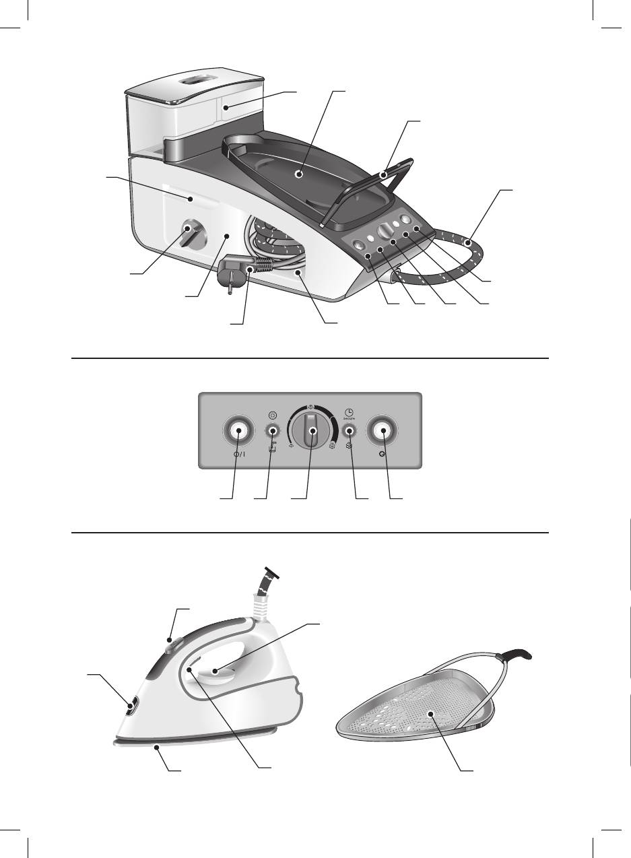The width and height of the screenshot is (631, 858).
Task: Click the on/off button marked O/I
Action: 238,431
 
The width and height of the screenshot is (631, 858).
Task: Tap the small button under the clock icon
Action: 350,431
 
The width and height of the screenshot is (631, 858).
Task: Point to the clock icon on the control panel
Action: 349,410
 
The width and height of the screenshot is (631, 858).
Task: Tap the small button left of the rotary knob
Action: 273,431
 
